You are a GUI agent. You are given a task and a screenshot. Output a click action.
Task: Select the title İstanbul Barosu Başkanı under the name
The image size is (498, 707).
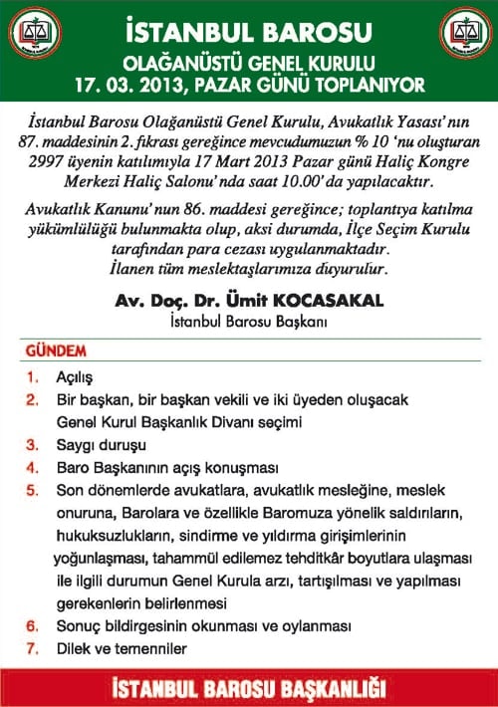[x=248, y=321]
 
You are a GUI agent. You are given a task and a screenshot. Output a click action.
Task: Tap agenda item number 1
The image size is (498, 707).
[x=33, y=378]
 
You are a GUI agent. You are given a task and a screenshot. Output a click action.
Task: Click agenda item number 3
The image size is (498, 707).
[x=33, y=444]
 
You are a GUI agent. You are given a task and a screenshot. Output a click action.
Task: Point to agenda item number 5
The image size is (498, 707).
[x=33, y=489]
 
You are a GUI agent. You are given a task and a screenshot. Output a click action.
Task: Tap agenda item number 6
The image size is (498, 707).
[x=33, y=626]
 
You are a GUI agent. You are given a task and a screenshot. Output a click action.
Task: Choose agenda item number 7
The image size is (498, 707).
[x=33, y=648]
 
